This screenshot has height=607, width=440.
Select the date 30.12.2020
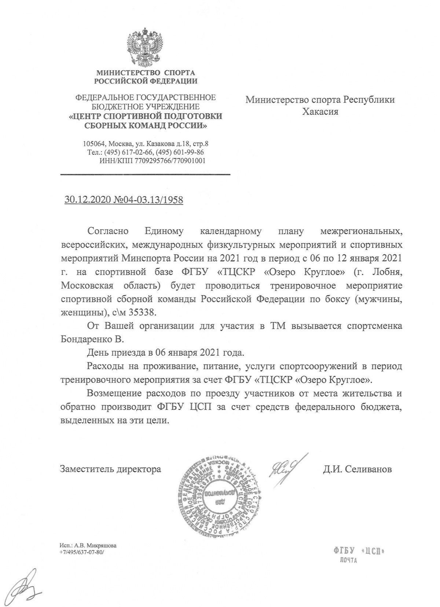(85, 200)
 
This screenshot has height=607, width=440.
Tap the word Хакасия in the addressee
(320, 111)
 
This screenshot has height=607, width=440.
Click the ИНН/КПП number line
(152, 161)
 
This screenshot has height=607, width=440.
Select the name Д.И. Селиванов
(357, 469)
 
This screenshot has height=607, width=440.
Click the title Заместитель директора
(111, 469)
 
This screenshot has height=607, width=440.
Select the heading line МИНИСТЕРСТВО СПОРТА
(146, 73)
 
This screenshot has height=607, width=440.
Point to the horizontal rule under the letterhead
(145, 174)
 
